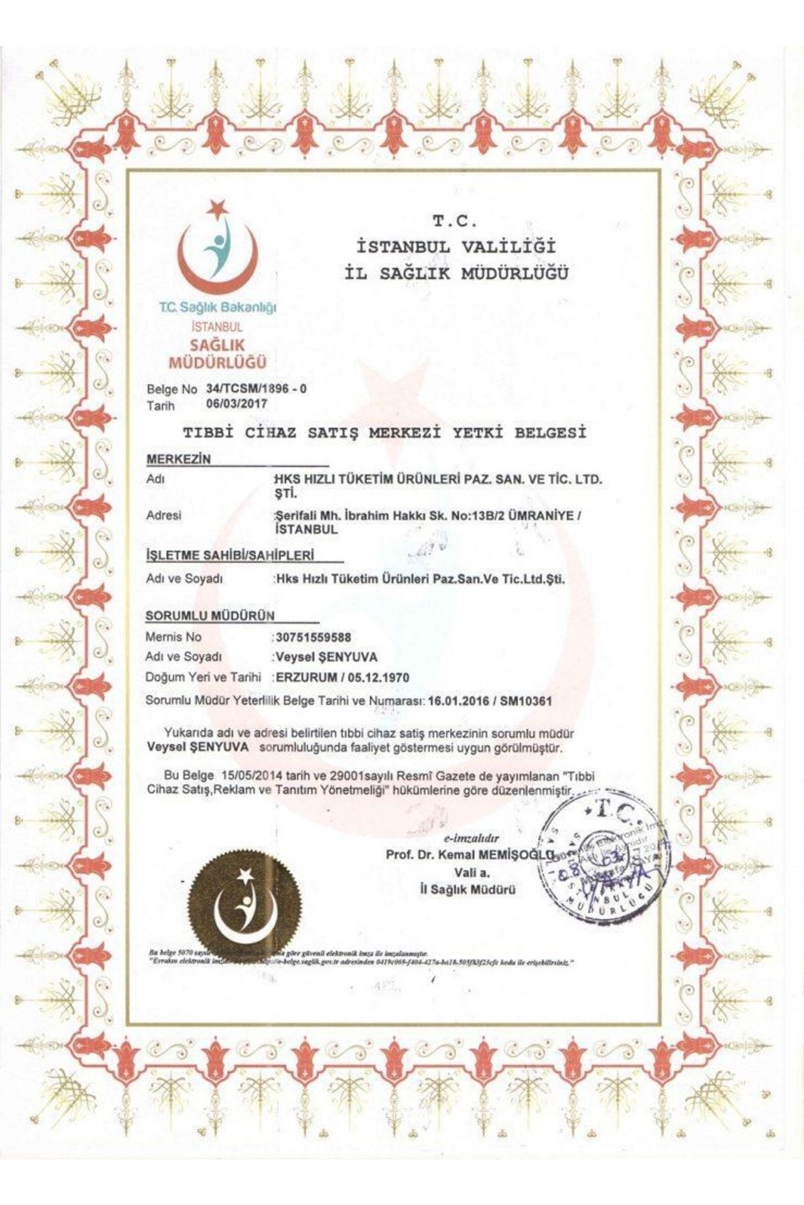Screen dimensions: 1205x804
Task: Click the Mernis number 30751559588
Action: tap(313, 637)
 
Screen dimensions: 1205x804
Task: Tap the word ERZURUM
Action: tap(306, 677)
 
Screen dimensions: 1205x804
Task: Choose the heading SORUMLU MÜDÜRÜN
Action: tap(210, 615)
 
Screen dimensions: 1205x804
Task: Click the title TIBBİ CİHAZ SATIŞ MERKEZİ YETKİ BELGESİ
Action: tap(385, 433)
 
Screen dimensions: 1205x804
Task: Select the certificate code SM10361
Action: tap(526, 702)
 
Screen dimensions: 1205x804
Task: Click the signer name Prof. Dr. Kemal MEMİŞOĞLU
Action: tap(469, 855)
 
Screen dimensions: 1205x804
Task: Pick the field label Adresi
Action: tap(163, 515)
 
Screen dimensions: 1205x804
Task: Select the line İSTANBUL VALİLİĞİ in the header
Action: tap(456, 246)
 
